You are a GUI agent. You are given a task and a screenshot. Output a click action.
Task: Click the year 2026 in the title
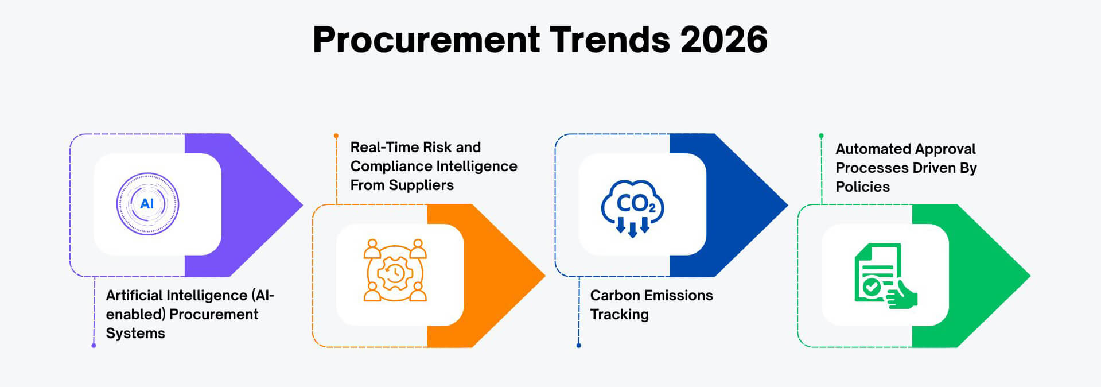[723, 40]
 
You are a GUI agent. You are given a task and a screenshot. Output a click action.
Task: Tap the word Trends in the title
[610, 40]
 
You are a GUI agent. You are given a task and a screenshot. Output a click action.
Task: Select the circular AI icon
[147, 204]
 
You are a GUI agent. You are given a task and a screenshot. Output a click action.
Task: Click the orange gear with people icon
[395, 270]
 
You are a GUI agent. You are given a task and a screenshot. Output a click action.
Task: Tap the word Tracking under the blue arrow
[619, 315]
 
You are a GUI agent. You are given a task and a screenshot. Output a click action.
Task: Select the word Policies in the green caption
[862, 187]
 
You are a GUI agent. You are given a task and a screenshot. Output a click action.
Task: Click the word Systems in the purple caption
[135, 334]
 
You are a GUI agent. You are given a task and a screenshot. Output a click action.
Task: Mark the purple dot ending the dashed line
[94, 346]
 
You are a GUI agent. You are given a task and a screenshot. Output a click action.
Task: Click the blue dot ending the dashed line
[578, 346]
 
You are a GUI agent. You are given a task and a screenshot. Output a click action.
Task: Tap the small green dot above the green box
[821, 136]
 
